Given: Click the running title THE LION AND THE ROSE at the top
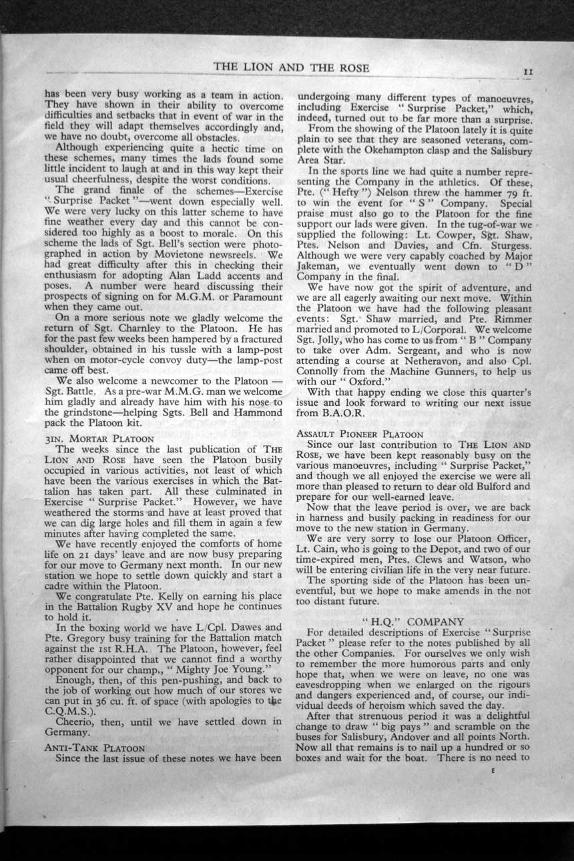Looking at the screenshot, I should (x=292, y=69).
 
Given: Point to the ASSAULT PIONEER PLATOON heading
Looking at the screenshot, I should (x=360, y=433).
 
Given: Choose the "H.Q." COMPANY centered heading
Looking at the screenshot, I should (x=412, y=621).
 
